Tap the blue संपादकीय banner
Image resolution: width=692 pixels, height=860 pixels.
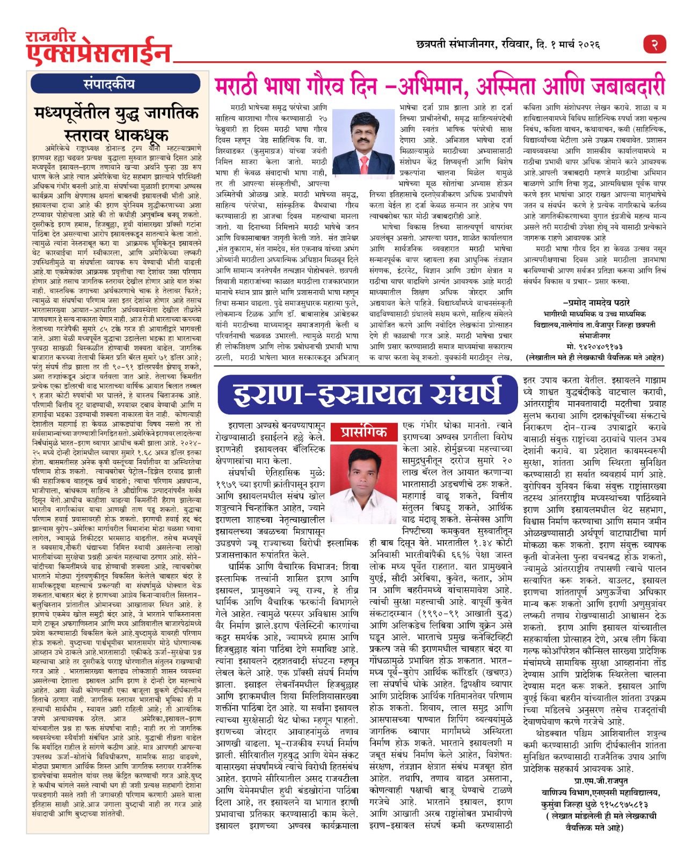click(x=109, y=84)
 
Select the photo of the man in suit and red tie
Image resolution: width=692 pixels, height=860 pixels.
click(x=356, y=141)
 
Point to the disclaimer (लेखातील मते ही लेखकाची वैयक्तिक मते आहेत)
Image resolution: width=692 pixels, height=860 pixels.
click(x=595, y=357)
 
